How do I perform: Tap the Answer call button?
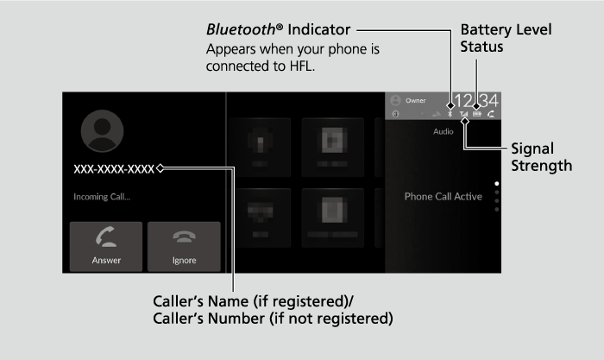pos(106,247)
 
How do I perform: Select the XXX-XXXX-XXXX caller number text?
pos(114,169)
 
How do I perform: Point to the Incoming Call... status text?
pos(102,197)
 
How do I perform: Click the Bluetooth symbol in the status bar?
pos(450,113)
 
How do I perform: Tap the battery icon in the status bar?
pos(476,113)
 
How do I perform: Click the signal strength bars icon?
pos(463,113)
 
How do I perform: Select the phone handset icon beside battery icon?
pos(491,113)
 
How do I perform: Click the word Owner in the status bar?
pos(416,100)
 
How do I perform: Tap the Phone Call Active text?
pos(443,197)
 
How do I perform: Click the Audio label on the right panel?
pos(444,133)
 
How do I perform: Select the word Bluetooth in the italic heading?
pos(241,30)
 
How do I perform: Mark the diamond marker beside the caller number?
pos(160,169)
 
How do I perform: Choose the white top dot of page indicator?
pos(495,184)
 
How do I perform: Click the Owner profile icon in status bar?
pos(396,100)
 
